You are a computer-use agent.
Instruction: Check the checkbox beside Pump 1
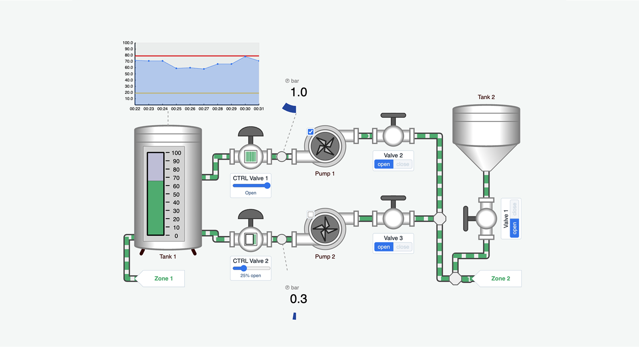(311, 132)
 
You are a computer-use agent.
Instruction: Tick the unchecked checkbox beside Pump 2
(311, 215)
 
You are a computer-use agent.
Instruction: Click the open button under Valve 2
(383, 164)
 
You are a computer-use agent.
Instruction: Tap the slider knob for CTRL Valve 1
(267, 185)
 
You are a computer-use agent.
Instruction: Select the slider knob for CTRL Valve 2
(244, 268)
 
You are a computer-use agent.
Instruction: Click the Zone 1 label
(163, 278)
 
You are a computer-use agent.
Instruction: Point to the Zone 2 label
(500, 278)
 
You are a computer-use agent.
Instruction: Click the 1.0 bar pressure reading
(299, 92)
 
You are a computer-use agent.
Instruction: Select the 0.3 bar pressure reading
(299, 299)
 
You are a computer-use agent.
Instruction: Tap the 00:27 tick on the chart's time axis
(204, 109)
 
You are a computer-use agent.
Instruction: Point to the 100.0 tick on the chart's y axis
(128, 43)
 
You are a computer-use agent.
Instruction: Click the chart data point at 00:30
(245, 57)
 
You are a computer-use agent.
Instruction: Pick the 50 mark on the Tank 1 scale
(176, 195)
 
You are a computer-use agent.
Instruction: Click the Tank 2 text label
(486, 97)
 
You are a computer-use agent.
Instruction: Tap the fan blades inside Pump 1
(325, 146)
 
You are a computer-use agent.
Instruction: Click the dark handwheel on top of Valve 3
(393, 198)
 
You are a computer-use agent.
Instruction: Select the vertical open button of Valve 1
(514, 228)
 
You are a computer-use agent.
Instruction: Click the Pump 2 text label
(325, 257)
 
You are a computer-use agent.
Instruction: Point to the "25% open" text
(250, 276)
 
